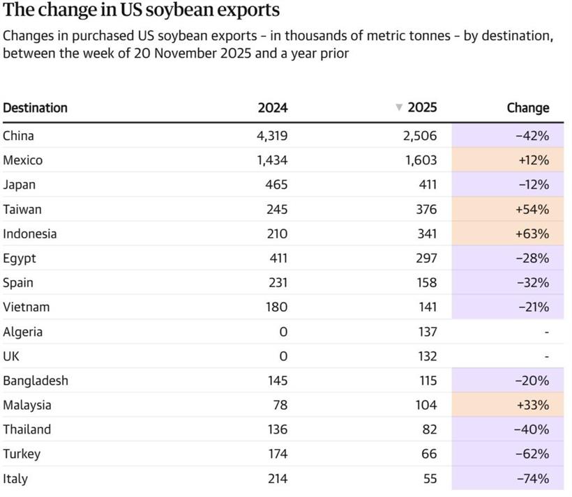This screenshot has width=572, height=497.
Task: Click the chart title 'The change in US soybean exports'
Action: (x=142, y=11)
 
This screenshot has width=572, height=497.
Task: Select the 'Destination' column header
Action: (x=35, y=108)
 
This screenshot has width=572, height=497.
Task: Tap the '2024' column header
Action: (x=272, y=108)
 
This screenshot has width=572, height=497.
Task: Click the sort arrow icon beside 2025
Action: (x=399, y=107)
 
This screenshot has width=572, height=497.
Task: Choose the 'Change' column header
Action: (x=527, y=108)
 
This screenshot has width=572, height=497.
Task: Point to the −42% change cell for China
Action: (x=532, y=136)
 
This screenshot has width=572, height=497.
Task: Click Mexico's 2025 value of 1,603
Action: (x=420, y=160)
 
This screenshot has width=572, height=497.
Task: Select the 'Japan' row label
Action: (x=19, y=185)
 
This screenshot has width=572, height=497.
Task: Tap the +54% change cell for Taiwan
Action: (x=532, y=209)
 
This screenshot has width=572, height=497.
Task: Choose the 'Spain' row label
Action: (x=18, y=282)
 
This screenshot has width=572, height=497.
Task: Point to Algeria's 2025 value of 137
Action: (x=425, y=332)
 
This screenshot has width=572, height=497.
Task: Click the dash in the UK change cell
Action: (x=546, y=356)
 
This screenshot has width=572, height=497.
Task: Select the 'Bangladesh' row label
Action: (x=36, y=381)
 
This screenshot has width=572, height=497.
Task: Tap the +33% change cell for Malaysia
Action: (x=532, y=405)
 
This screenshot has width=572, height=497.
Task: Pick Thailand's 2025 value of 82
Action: (x=428, y=429)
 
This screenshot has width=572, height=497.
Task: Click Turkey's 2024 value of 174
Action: (x=276, y=454)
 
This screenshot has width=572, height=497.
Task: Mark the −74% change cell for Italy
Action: (x=532, y=479)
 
